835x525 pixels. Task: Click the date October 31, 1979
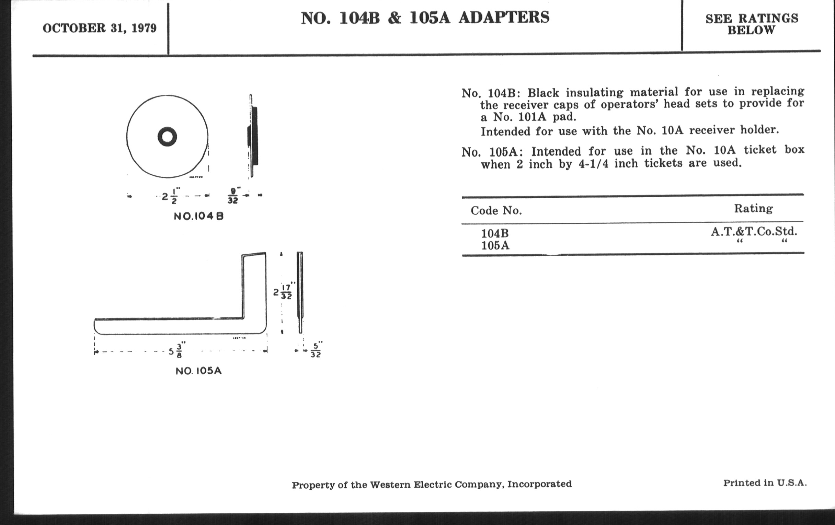coord(100,28)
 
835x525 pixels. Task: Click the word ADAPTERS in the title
coord(504,17)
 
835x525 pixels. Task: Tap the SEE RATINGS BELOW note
coord(752,24)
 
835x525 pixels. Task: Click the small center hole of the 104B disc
coord(167,137)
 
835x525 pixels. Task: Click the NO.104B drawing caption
coord(199,217)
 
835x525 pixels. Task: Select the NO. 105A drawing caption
coord(199,371)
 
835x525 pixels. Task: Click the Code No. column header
coord(496,211)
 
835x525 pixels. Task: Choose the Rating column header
coord(754,209)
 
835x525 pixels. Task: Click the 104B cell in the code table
coord(495,233)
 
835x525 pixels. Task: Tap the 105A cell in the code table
coord(495,246)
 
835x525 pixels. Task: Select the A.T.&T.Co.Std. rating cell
coord(754,232)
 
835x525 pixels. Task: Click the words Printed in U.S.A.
coord(765,483)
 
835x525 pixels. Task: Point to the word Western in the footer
coord(390,485)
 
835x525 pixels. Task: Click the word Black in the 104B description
coord(544,93)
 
